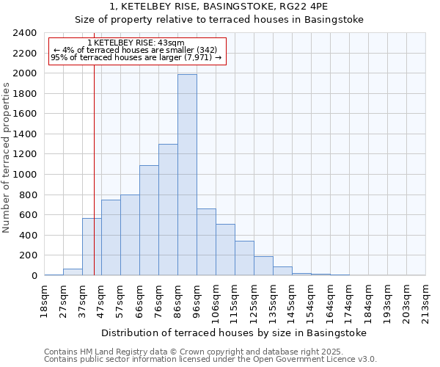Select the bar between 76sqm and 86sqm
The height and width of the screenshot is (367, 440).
point(168,210)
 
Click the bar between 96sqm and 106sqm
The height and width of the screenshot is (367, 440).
point(206,242)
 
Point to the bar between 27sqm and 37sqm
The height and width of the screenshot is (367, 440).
point(73,272)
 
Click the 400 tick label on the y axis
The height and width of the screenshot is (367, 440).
point(29,235)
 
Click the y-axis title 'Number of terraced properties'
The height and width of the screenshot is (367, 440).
point(7,158)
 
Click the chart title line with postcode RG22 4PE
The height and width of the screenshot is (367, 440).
point(219,7)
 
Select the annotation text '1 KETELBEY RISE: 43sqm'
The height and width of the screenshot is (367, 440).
point(136,43)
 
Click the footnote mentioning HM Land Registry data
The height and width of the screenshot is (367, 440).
point(194,352)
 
